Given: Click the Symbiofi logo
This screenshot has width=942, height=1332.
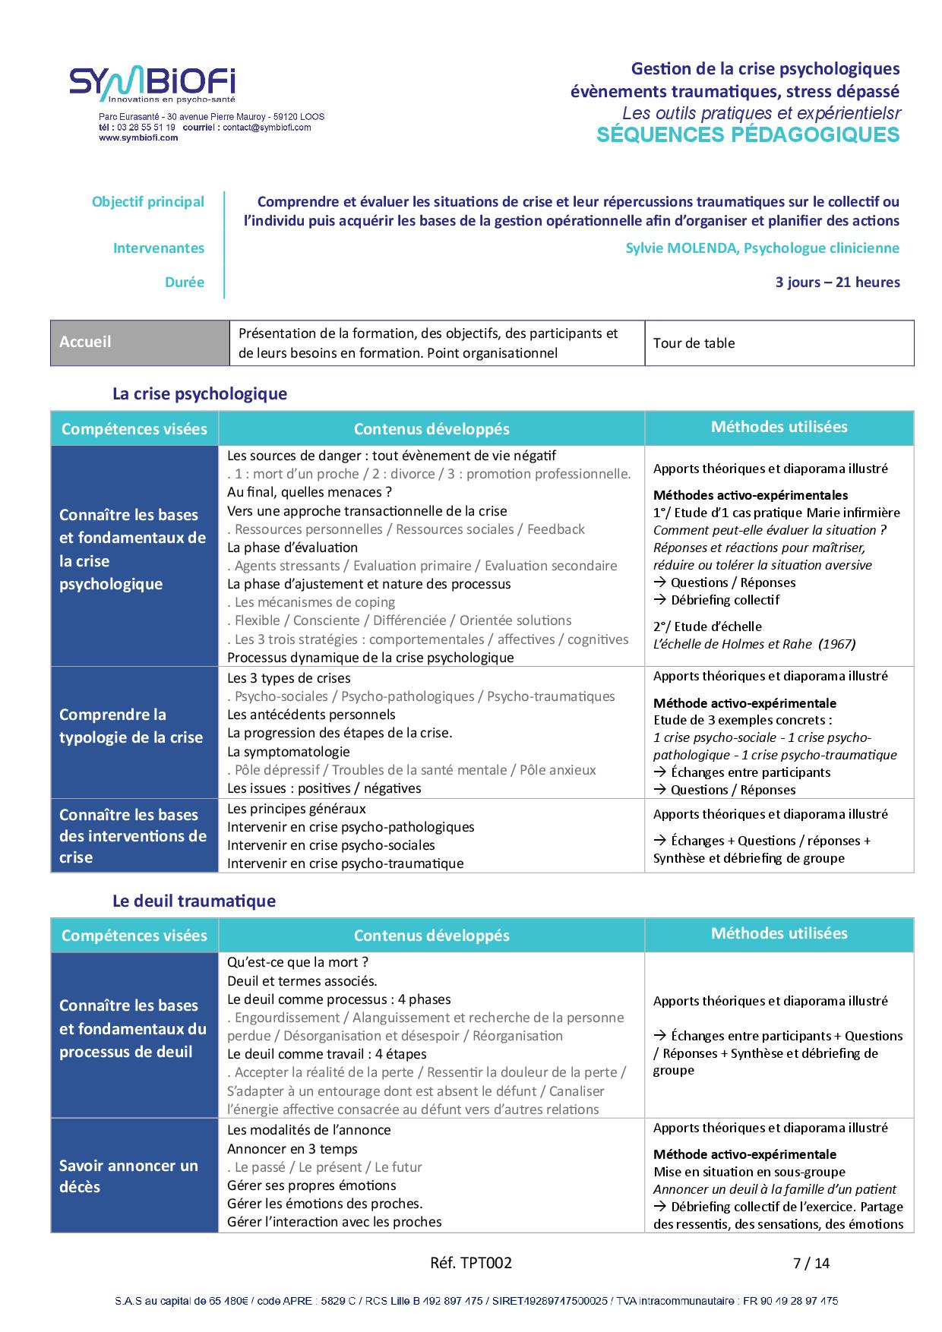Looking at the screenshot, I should coord(152,85).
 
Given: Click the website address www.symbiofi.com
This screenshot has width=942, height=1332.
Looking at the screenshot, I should coord(138,137).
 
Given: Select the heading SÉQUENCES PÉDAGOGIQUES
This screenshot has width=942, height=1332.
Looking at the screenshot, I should coord(748,135).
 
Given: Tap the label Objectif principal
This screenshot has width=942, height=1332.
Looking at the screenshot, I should coord(148,202).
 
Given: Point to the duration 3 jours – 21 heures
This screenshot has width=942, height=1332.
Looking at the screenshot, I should coord(837,282).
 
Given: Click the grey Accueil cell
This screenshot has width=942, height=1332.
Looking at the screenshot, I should coord(140,342).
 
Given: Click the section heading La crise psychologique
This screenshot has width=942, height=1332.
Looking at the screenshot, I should coord(200,394).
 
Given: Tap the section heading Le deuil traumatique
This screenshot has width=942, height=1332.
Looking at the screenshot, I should coord(194,901).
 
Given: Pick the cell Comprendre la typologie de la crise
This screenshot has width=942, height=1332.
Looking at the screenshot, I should coord(134,726).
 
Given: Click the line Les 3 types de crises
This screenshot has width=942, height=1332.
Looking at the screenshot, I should coord(289,678).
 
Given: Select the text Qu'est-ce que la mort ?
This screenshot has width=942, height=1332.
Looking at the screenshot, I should coord(298,963).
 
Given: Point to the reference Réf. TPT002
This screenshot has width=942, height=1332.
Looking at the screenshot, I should coord(471,1263).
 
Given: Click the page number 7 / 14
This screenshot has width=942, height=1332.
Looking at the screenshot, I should coord(811,1264).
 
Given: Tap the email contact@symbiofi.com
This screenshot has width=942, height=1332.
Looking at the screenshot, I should coord(267,128).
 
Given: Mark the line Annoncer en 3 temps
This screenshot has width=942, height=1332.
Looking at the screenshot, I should coord(292,1149).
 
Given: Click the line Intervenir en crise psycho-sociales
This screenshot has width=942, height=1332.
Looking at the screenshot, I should coord(331,845).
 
